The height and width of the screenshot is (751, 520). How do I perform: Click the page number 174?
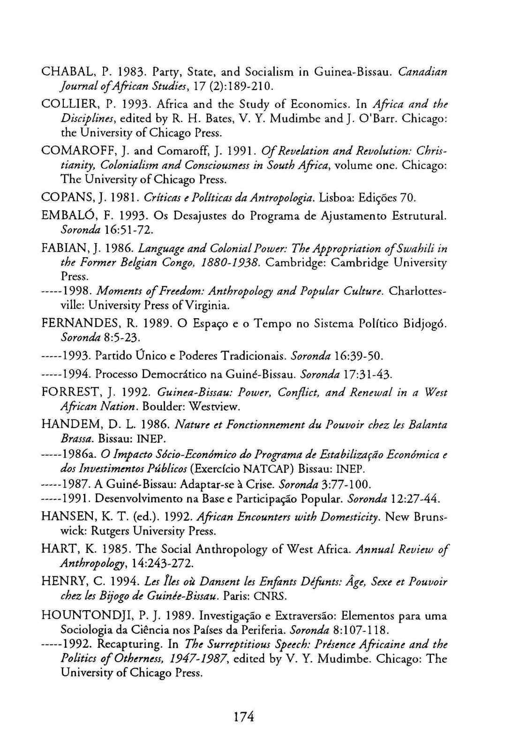point(243,717)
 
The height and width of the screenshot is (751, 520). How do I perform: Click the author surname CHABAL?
point(63,72)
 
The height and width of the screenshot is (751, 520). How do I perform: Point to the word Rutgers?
point(109,531)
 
